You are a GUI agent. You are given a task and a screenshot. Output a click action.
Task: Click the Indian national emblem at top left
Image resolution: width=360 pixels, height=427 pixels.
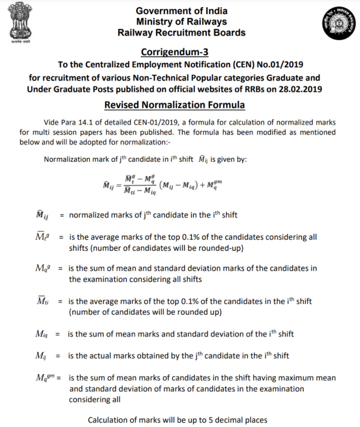click(x=17, y=24)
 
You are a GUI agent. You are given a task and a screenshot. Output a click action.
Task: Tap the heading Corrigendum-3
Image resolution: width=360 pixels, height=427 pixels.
click(x=181, y=52)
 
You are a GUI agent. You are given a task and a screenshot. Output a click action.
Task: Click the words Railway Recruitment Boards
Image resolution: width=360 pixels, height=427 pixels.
click(x=182, y=33)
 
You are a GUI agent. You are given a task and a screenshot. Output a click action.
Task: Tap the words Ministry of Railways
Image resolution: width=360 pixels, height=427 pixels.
click(x=182, y=22)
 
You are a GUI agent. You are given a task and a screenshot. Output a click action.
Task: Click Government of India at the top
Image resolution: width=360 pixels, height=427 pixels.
click(x=182, y=11)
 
